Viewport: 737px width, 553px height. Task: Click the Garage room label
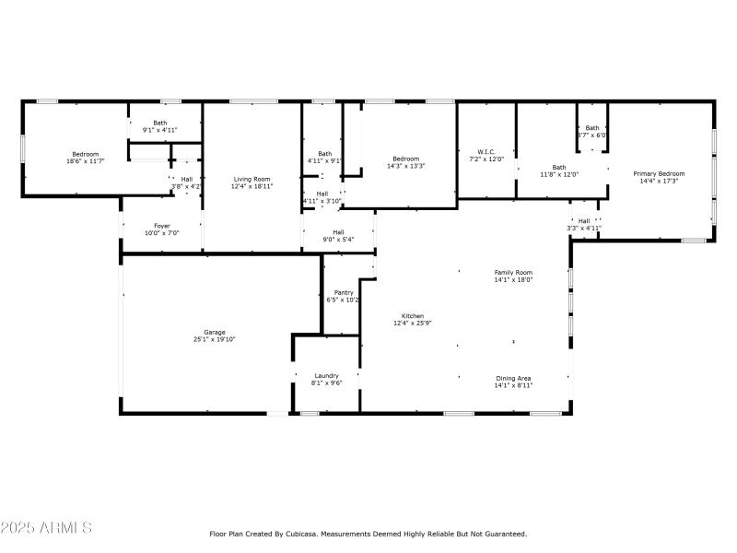215,333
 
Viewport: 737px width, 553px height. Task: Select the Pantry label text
343,292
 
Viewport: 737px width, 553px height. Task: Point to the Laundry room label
326,375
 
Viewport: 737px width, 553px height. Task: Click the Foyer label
161,226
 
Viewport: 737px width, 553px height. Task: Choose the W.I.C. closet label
487,152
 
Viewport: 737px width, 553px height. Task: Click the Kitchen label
412,316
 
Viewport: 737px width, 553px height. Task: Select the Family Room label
513,273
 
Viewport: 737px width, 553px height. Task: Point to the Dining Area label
513,378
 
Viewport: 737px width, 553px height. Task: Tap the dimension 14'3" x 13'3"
405,166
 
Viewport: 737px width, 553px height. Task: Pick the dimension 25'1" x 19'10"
215,340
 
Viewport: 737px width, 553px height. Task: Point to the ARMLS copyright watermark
46,528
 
